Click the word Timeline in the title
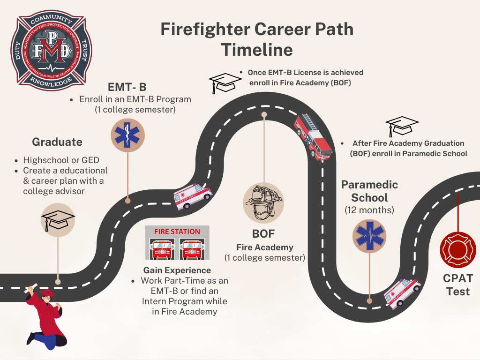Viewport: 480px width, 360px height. tap(257, 50)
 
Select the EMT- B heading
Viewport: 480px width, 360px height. tap(127, 87)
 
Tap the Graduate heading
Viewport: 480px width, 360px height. tap(57, 142)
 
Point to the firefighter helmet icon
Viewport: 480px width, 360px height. tap(263, 202)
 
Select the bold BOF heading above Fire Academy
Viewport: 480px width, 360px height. tap(263, 233)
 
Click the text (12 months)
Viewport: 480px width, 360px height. tap(369, 210)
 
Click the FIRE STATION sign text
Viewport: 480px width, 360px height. tap(177, 232)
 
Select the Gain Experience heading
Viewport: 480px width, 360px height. tap(177, 270)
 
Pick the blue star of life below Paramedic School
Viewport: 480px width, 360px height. tap(369, 236)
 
